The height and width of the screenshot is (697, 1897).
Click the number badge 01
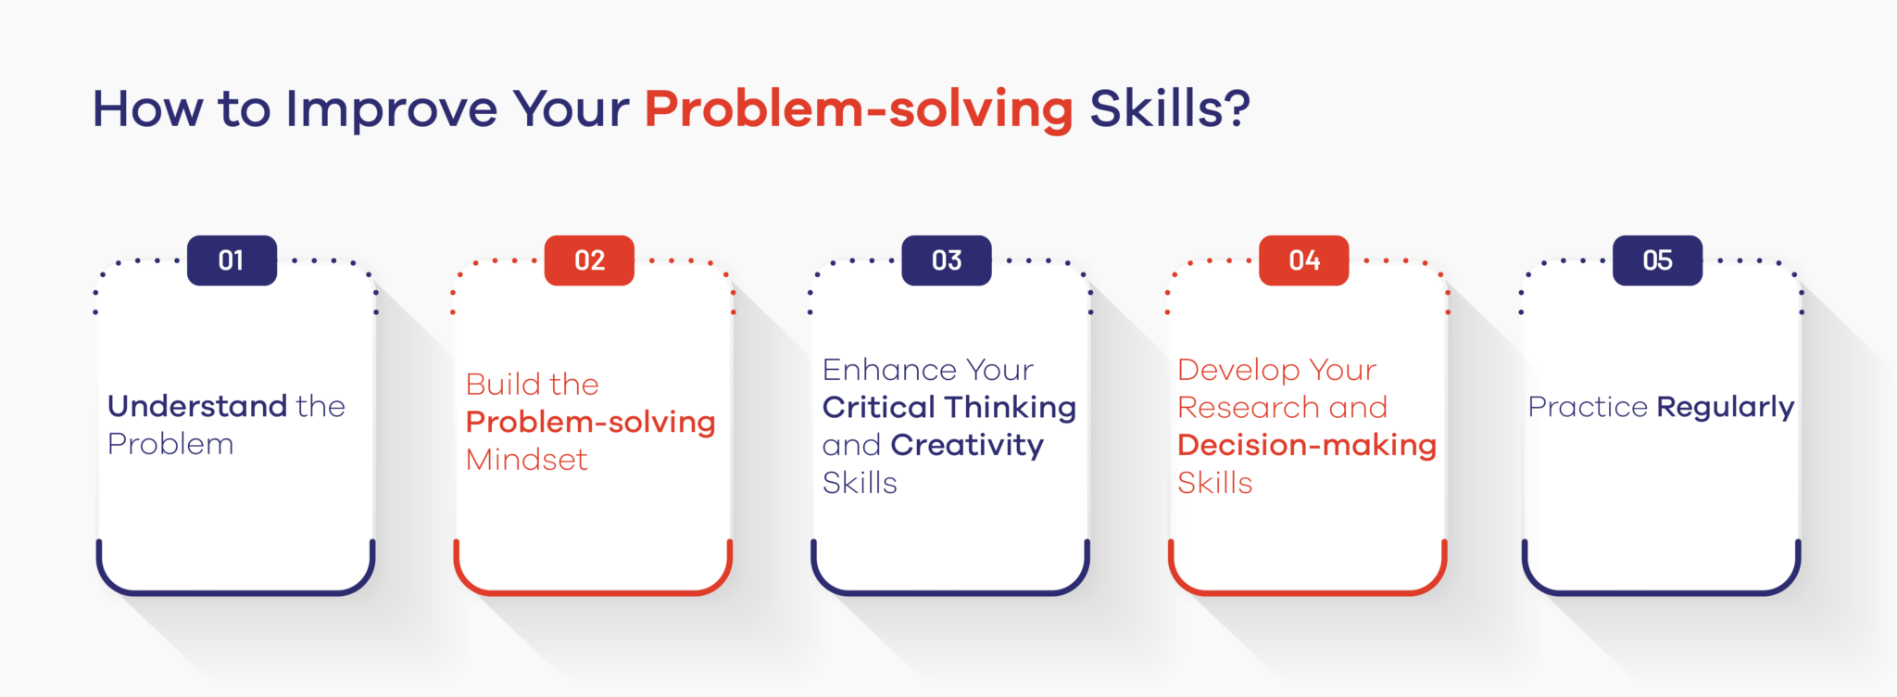[232, 260]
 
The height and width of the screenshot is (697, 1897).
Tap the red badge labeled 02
[589, 260]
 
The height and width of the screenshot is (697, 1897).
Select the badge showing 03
[947, 260]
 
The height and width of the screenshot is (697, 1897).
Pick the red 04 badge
[1303, 260]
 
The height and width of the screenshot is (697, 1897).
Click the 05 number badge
[1657, 260]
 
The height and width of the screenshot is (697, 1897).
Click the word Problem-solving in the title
[859, 109]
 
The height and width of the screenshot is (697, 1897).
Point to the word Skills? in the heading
[1169, 109]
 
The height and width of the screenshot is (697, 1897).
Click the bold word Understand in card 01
[197, 406]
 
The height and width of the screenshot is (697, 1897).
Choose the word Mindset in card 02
[526, 460]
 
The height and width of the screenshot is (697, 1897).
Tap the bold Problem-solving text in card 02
[590, 423]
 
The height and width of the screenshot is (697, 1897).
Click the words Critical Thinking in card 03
[948, 408]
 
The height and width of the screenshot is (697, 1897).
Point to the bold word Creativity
[967, 446]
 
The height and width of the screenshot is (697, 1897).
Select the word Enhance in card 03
[879, 370]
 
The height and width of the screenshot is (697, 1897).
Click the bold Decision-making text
[1306, 446]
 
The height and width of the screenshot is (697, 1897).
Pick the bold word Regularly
[1725, 408]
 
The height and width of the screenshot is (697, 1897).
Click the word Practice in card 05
[1588, 408]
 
